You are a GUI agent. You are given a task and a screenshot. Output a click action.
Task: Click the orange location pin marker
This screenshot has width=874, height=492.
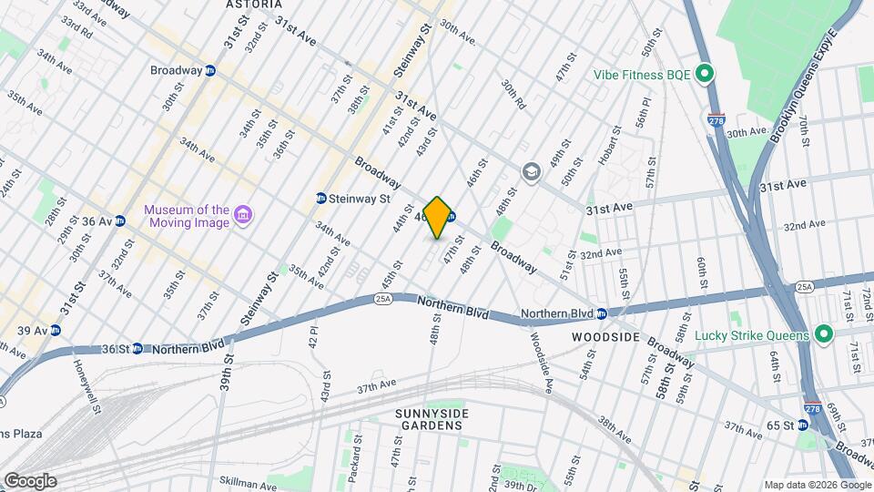(438, 218)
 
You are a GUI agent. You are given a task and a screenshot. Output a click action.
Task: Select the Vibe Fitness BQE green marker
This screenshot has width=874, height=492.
(704, 74)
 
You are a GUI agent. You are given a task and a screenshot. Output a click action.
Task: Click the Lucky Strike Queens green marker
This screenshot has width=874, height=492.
(824, 335)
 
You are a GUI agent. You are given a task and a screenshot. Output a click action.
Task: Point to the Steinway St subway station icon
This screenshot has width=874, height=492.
(320, 198)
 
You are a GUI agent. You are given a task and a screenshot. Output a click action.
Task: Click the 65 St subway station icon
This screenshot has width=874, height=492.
(802, 425)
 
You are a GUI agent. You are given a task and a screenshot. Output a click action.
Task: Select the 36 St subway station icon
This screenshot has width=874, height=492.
(137, 348)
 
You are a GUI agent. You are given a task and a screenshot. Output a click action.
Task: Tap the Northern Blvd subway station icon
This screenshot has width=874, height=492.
(601, 314)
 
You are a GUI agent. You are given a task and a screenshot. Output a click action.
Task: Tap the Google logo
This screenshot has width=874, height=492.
(29, 480)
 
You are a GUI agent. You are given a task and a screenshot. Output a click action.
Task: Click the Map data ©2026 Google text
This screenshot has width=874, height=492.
(817, 485)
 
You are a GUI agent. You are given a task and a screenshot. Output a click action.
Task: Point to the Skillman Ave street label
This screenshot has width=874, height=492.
(246, 480)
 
